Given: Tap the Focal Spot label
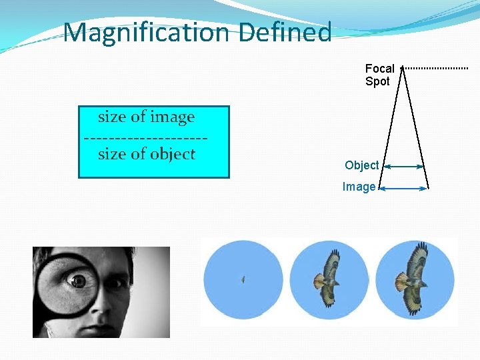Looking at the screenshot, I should [x=379, y=75].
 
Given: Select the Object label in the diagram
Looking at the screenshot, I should [x=361, y=165].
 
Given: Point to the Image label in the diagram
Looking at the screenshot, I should [x=359, y=187].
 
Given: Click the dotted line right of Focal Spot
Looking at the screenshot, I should [x=437, y=68].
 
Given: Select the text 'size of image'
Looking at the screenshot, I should [x=146, y=117].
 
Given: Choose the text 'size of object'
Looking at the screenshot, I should [x=146, y=154].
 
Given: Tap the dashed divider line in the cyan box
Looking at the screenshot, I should [x=146, y=137].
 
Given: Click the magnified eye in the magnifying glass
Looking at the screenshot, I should [x=79, y=281].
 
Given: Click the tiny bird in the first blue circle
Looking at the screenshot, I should [x=243, y=279].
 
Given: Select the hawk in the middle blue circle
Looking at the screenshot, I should [x=328, y=278].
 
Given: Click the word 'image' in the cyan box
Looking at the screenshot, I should [x=171, y=117].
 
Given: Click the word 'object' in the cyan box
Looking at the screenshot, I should [x=172, y=154].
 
